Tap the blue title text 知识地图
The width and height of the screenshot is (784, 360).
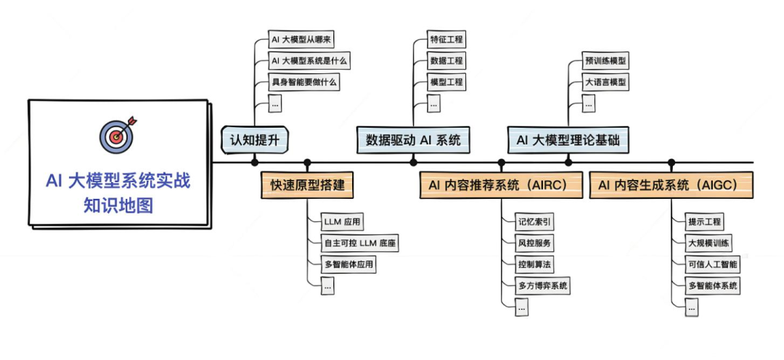pos(118,205)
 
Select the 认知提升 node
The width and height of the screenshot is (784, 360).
pos(255,139)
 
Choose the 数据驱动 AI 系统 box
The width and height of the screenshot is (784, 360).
pos(413,139)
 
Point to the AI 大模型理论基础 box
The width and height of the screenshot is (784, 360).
pos(568,139)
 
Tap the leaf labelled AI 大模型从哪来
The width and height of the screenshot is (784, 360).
pos(301,40)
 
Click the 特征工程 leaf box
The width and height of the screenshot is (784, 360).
pos(446,40)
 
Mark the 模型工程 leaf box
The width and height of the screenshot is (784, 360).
pos(446,82)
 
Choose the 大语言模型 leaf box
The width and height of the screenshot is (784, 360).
pos(605,82)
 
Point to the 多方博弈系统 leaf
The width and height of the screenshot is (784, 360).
pos(543,285)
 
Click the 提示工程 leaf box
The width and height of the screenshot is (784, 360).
pos(705,222)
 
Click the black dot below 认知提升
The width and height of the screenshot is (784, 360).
pos(255,162)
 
